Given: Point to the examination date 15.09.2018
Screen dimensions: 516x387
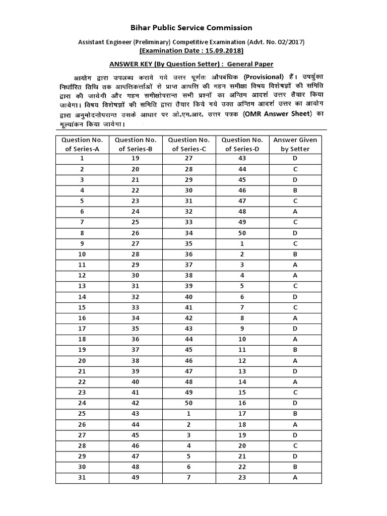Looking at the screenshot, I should click(x=223, y=51).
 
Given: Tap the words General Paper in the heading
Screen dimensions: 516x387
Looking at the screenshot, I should click(x=250, y=64).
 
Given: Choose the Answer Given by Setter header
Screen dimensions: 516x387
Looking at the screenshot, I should click(x=295, y=144).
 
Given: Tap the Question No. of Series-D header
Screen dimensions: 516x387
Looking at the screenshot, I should click(x=242, y=144).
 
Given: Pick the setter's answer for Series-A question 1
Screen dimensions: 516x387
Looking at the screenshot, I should click(x=295, y=159).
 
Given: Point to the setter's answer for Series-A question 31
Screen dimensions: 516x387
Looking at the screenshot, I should click(x=295, y=477).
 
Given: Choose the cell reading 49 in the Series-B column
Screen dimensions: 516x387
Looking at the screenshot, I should click(x=135, y=477).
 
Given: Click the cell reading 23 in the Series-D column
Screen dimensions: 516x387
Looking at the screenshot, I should click(x=242, y=477).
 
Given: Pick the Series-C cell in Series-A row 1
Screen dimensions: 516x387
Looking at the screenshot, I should click(x=188, y=159).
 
